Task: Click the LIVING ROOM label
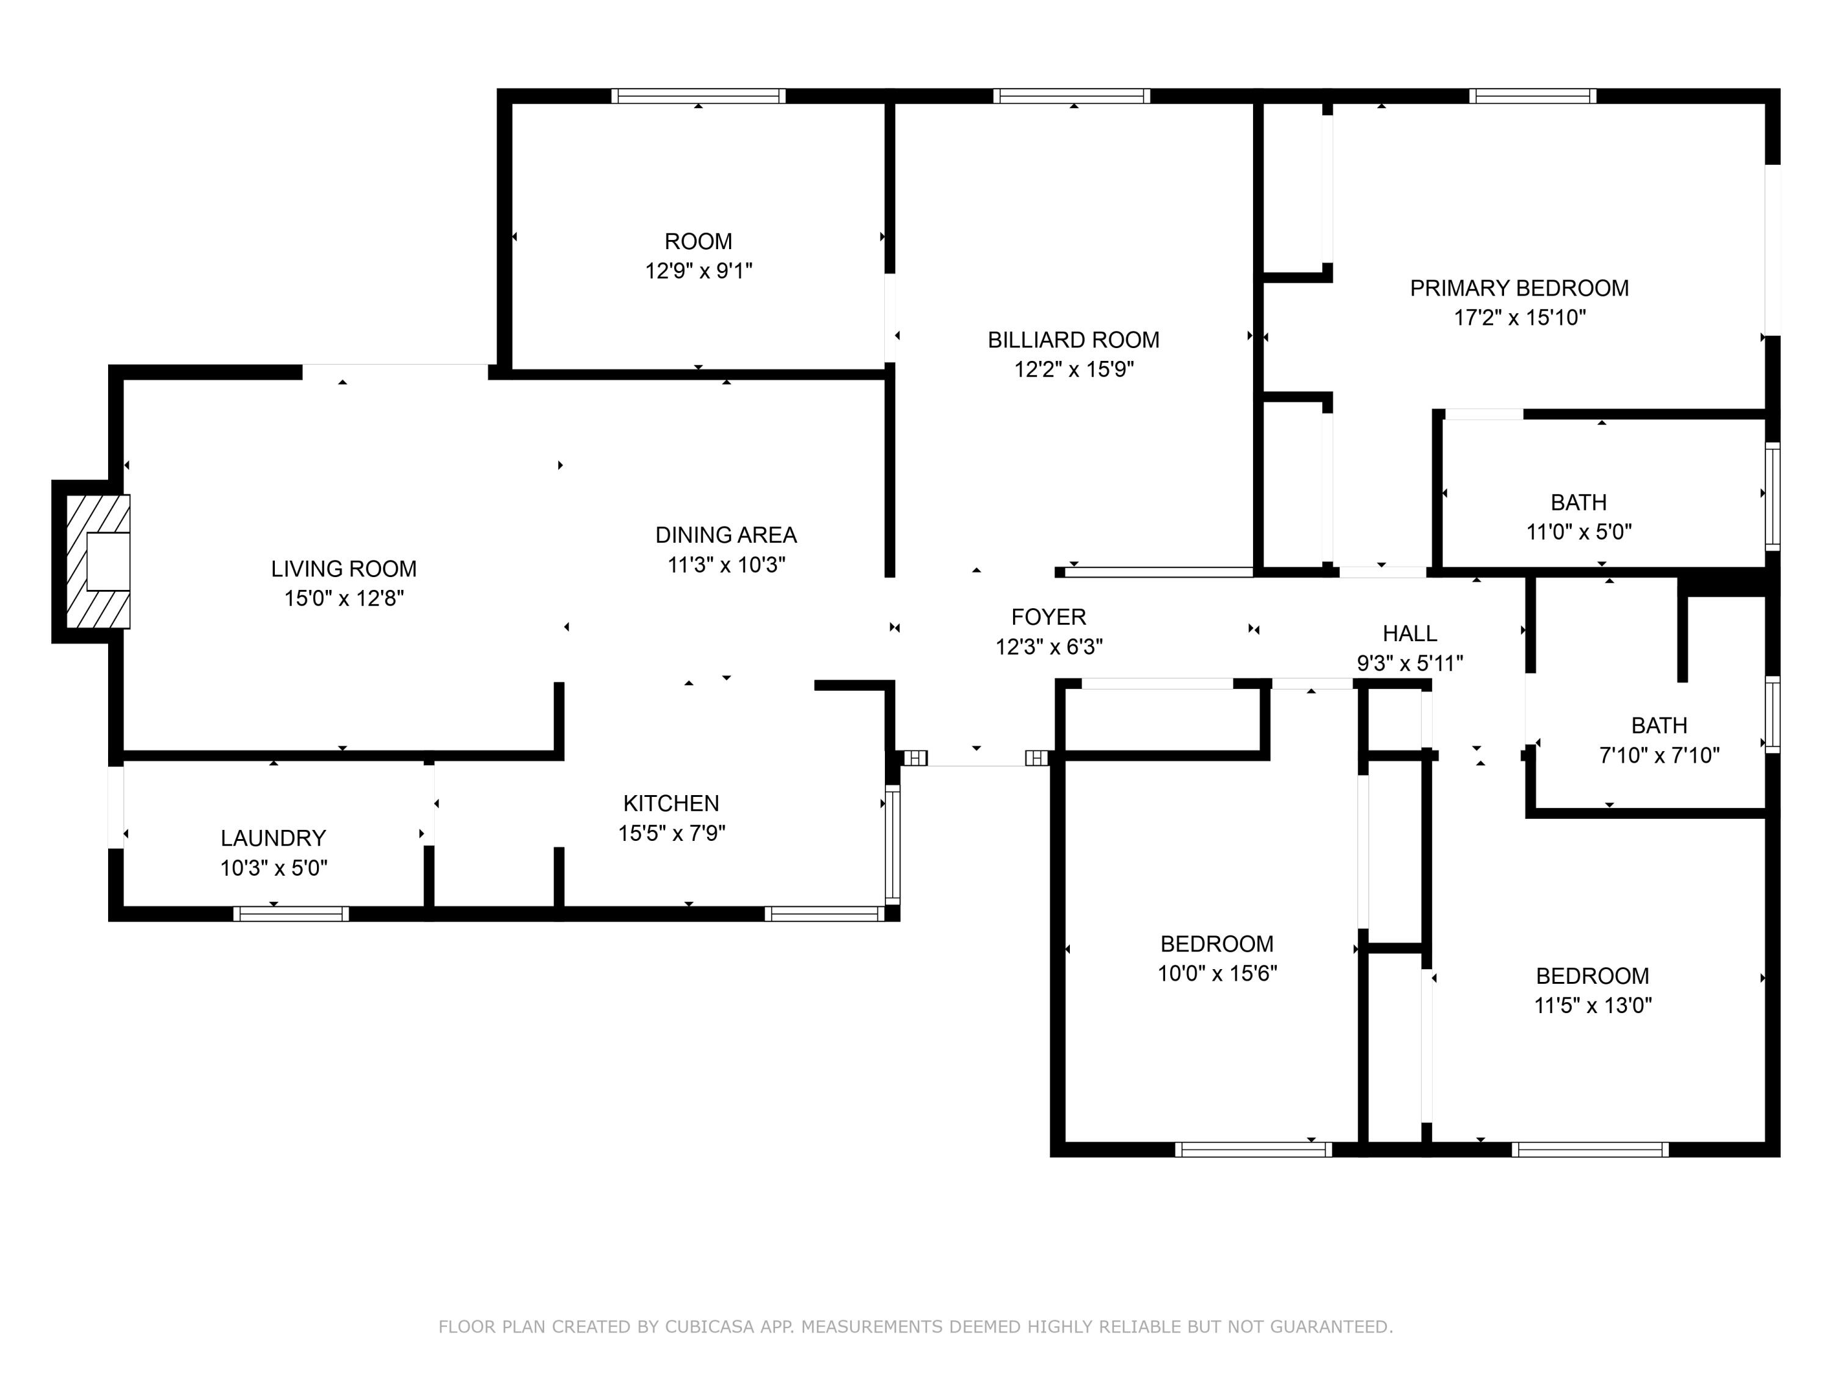point(344,569)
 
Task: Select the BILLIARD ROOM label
point(1074,340)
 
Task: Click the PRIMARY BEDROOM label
point(1519,288)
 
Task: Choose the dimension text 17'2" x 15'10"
point(1519,317)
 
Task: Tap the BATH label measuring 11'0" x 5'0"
point(1579,503)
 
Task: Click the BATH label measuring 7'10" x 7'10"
point(1659,725)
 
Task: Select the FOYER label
point(1049,617)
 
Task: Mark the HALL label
point(1409,634)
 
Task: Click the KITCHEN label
point(671,804)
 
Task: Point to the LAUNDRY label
point(274,838)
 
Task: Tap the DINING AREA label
point(725,535)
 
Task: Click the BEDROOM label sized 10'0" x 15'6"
point(1216,943)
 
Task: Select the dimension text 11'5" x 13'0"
point(1592,1005)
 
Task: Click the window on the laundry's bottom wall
point(291,914)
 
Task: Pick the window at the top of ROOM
point(698,96)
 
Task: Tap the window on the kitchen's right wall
point(892,845)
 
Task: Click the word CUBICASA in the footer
point(709,1327)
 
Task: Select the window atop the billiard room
point(1072,96)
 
